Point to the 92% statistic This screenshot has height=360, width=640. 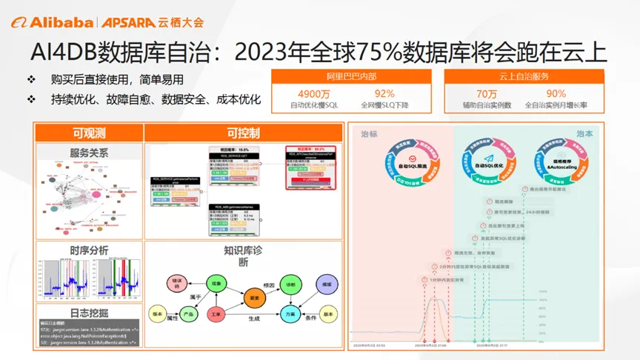pyautogui.click(x=384, y=93)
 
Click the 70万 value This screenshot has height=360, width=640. pyautogui.click(x=487, y=93)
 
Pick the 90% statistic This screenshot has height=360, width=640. pyautogui.click(x=556, y=93)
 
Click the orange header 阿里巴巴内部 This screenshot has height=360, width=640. pyautogui.click(x=346, y=76)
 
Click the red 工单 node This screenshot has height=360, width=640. pyautogui.click(x=216, y=314)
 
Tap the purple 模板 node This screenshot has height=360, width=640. pyautogui.click(x=326, y=284)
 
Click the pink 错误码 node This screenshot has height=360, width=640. pyautogui.click(x=177, y=283)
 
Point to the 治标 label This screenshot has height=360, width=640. pyautogui.click(x=369, y=134)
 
